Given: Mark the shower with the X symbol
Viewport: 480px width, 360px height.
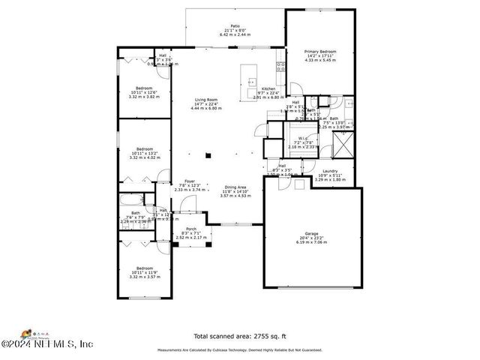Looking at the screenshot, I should pyautogui.click(x=343, y=142).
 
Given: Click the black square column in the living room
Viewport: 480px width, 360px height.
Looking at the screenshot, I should pyautogui.click(x=210, y=156).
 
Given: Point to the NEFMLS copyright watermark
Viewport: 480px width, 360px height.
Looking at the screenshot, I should pyautogui.click(x=46, y=344).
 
